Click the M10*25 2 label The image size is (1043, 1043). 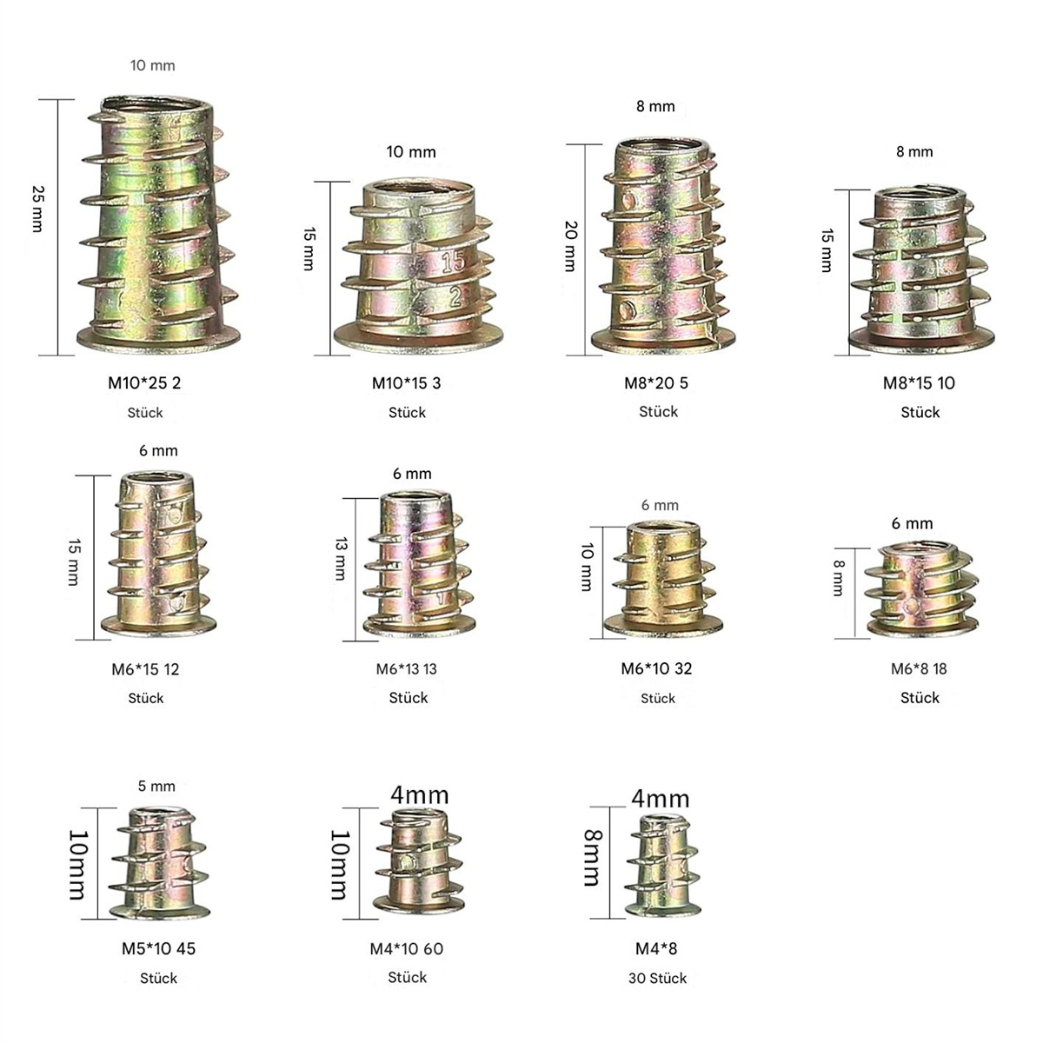tap(144, 383)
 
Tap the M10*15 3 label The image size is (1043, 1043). tap(407, 383)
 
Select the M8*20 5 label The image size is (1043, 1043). tap(656, 383)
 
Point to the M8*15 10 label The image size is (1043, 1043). tap(919, 383)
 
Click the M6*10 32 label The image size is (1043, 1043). tap(656, 668)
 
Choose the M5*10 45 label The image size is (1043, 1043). tap(158, 948)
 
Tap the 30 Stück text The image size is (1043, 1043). tap(658, 978)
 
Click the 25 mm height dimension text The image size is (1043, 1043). tap(38, 209)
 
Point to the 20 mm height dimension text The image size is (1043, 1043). tap(570, 246)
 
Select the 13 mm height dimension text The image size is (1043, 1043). tap(341, 559)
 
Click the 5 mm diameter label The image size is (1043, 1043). tap(156, 787)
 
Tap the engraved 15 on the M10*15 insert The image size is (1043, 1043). tap(453, 262)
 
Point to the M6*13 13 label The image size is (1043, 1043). tap(407, 669)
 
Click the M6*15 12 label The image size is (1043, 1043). tap(145, 669)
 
